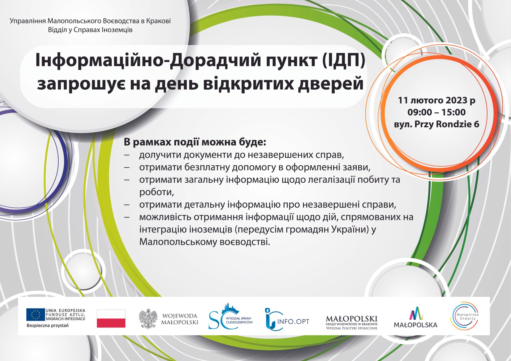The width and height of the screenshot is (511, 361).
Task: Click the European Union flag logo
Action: click(35, 314)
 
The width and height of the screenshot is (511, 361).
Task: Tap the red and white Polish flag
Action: click(111, 318)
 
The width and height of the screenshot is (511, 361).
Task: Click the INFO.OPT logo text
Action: click(293, 321)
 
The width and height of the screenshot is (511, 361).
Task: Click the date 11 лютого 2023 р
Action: click(436, 100)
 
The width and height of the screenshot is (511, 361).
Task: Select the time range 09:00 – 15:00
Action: click(436, 112)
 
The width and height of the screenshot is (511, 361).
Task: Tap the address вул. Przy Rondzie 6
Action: click(436, 124)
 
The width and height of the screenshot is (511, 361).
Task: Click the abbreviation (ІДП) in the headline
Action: click(344, 61)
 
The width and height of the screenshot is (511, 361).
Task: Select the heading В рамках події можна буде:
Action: click(195, 142)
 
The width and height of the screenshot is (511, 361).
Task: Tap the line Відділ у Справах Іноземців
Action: click(90, 30)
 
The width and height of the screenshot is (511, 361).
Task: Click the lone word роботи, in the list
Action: click(156, 192)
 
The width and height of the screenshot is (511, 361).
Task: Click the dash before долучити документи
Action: click(127, 155)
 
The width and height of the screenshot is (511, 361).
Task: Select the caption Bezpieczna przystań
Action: click(48, 326)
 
